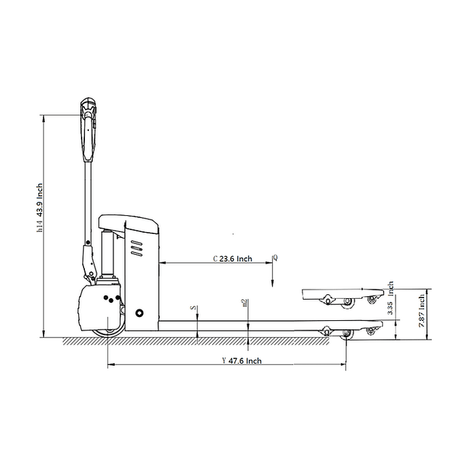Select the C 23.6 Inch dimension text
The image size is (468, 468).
pos(232,258)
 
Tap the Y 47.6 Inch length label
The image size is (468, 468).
pos(241,360)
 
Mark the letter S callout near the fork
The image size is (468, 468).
pos(193,309)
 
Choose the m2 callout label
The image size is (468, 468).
pos(245,304)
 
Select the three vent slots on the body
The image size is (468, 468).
pos(137,249)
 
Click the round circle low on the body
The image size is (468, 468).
pos(139,312)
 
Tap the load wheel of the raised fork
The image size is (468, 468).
pos(348,303)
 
